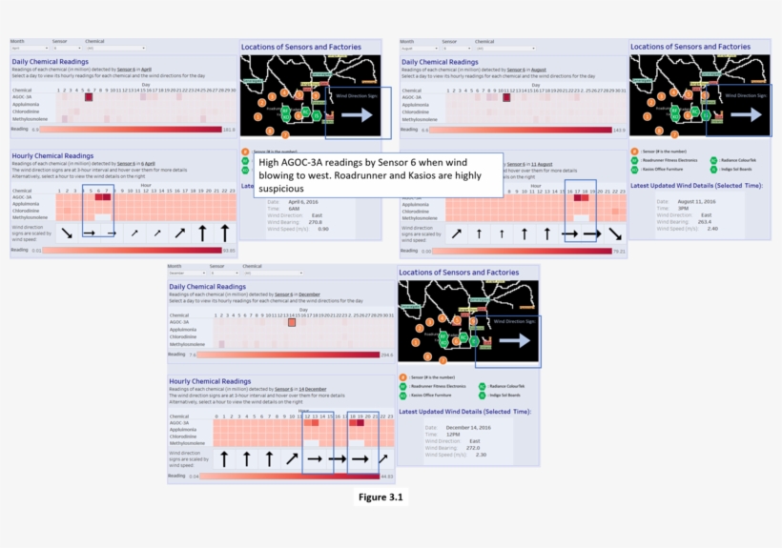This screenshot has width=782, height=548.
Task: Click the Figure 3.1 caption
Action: pos(381,497)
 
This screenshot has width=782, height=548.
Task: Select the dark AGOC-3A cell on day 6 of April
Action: pos(89,96)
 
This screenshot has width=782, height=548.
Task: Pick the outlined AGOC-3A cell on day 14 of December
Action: pos(293,322)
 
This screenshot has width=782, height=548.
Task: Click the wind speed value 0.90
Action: pos(323,229)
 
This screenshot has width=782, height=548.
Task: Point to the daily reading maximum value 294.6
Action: pos(386,354)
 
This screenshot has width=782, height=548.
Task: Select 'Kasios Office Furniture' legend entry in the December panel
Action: pos(437,395)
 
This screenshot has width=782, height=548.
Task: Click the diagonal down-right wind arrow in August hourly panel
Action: pos(616,233)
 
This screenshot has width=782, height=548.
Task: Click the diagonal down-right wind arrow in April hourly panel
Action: pos(66,233)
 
